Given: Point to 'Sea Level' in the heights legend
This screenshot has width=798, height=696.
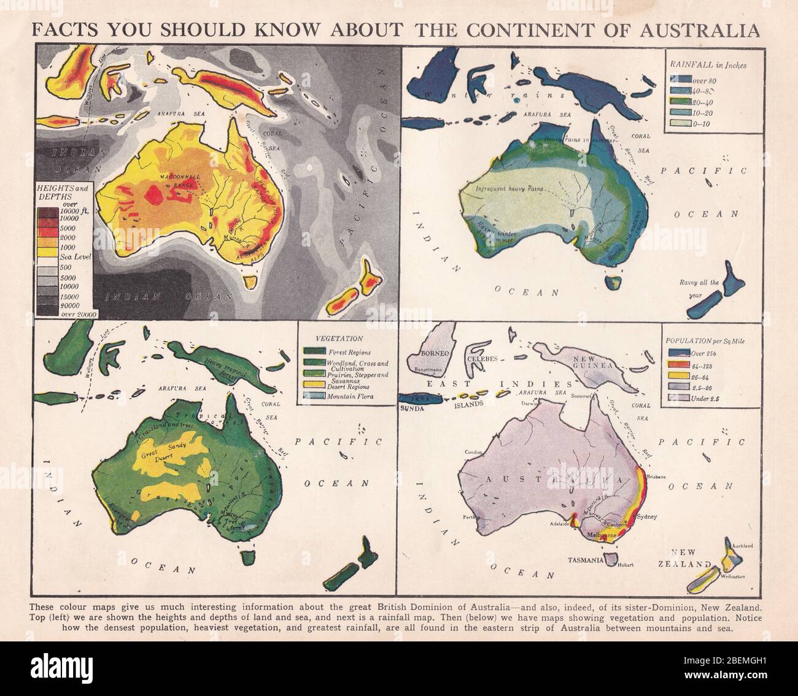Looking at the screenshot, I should (76, 257).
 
